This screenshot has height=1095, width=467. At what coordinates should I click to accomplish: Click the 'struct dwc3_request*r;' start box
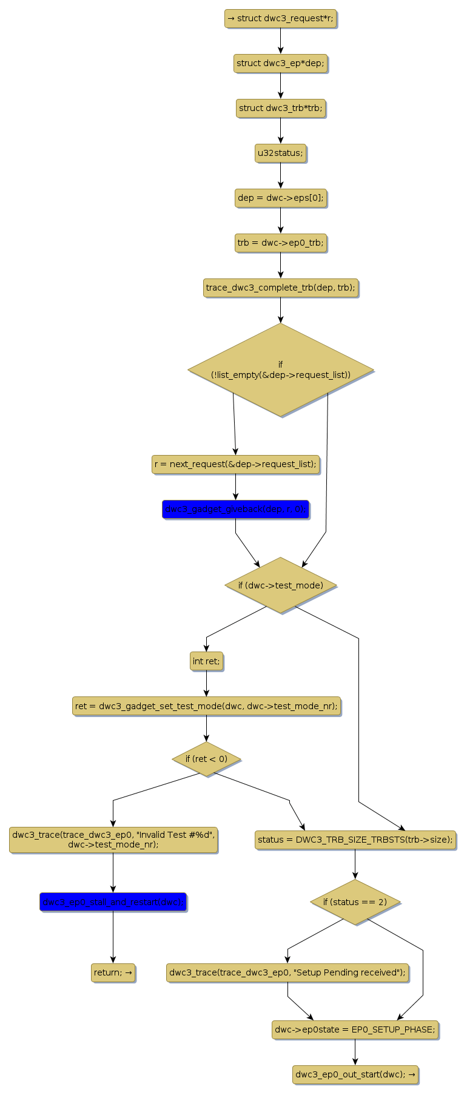coord(280,18)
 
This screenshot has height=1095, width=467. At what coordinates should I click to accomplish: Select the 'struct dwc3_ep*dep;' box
coord(280,63)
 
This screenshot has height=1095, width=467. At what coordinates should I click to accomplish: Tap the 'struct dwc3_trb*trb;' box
coord(280,108)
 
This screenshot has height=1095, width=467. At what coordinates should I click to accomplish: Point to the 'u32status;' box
coord(280,153)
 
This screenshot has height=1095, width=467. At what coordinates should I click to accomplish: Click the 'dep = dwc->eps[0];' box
coord(280,198)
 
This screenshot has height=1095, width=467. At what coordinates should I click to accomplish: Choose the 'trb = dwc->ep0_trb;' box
coord(280,243)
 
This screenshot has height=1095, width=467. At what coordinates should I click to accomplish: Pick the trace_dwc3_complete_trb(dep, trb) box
coord(280,288)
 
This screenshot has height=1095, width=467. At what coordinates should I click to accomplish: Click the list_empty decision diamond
coord(280,369)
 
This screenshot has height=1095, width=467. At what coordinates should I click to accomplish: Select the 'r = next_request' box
coord(235,464)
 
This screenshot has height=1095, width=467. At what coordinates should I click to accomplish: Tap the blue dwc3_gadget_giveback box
coord(235,509)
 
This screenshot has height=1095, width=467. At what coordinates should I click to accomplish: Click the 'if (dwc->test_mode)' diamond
coord(280,585)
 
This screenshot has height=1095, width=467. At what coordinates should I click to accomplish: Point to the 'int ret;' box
coord(206,661)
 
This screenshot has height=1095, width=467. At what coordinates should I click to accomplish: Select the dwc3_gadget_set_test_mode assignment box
coord(206,706)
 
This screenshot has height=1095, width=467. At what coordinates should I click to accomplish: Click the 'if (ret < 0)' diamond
coord(206,759)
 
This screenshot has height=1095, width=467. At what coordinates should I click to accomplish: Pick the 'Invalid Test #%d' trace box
coord(113,840)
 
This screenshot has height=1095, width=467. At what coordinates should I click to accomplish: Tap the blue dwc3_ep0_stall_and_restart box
coord(113,901)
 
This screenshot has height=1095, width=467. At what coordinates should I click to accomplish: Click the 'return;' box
coord(113,972)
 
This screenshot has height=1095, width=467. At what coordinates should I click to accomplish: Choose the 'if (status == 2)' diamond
coord(355,902)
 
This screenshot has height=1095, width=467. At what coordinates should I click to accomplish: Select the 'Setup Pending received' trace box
coord(287,972)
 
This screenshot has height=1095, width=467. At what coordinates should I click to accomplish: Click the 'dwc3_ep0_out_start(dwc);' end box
coord(355,1074)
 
